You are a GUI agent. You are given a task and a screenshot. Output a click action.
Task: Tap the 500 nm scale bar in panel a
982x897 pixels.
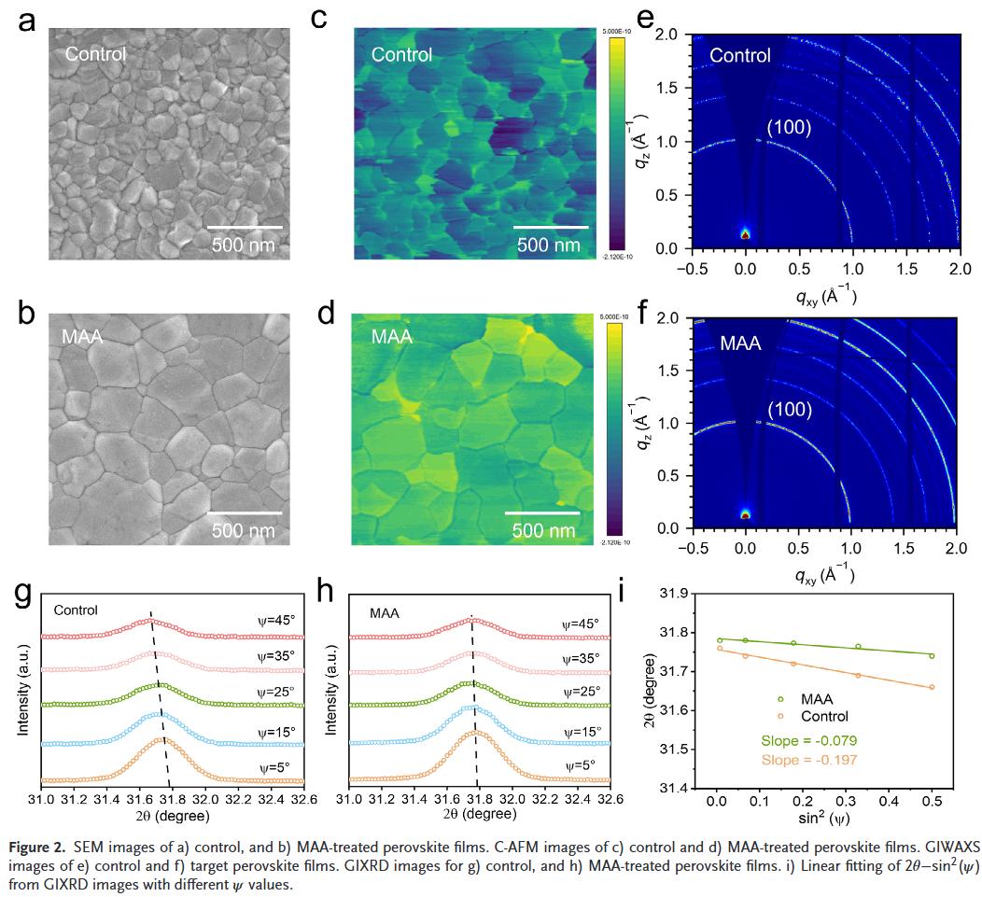(244, 226)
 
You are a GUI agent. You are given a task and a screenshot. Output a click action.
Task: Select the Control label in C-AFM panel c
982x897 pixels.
(401, 54)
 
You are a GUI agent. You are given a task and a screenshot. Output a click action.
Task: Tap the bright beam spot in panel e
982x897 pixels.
(745, 233)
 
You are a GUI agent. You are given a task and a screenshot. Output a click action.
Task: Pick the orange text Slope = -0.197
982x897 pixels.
(807, 760)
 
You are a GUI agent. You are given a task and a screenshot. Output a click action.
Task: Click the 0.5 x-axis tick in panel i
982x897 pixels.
(932, 801)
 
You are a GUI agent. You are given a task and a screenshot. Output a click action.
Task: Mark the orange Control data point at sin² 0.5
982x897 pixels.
(932, 687)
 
